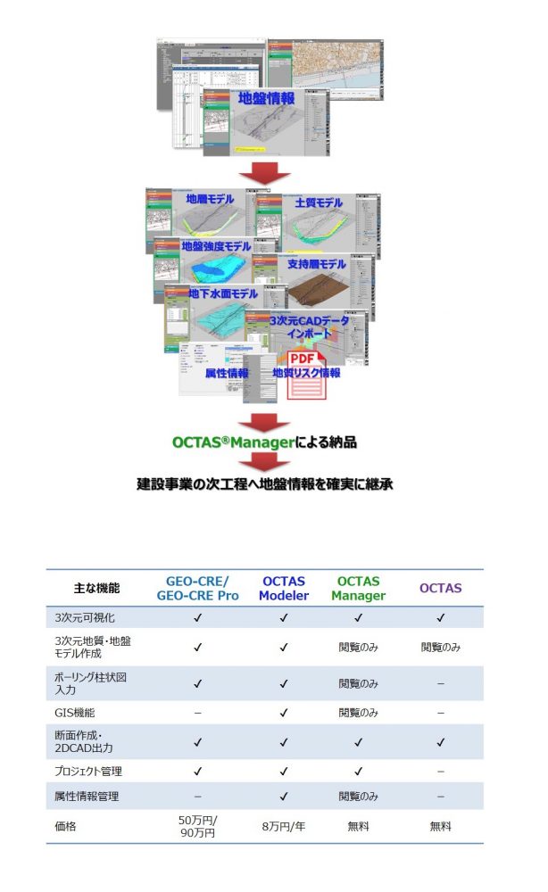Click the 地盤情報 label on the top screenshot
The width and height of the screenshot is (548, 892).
pyautogui.click(x=266, y=98)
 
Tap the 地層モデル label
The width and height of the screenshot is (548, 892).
pyautogui.click(x=210, y=200)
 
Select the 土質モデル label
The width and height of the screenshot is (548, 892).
pyautogui.click(x=319, y=202)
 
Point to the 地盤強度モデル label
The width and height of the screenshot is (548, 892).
pyautogui.click(x=216, y=245)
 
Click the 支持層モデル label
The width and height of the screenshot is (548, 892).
pyautogui.click(x=316, y=264)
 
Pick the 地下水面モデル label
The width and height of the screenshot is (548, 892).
pyautogui.click(x=222, y=293)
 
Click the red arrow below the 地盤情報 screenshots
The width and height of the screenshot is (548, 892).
pyautogui.click(x=265, y=171)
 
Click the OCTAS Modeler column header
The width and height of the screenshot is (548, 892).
pyautogui.click(x=283, y=589)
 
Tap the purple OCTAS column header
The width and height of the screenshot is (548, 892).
pyautogui.click(x=440, y=589)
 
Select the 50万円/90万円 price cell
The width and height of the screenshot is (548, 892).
pyautogui.click(x=197, y=826)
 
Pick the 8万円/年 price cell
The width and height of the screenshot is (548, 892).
pyautogui.click(x=283, y=826)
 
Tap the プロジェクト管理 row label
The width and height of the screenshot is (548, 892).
pyautogui.click(x=88, y=771)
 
